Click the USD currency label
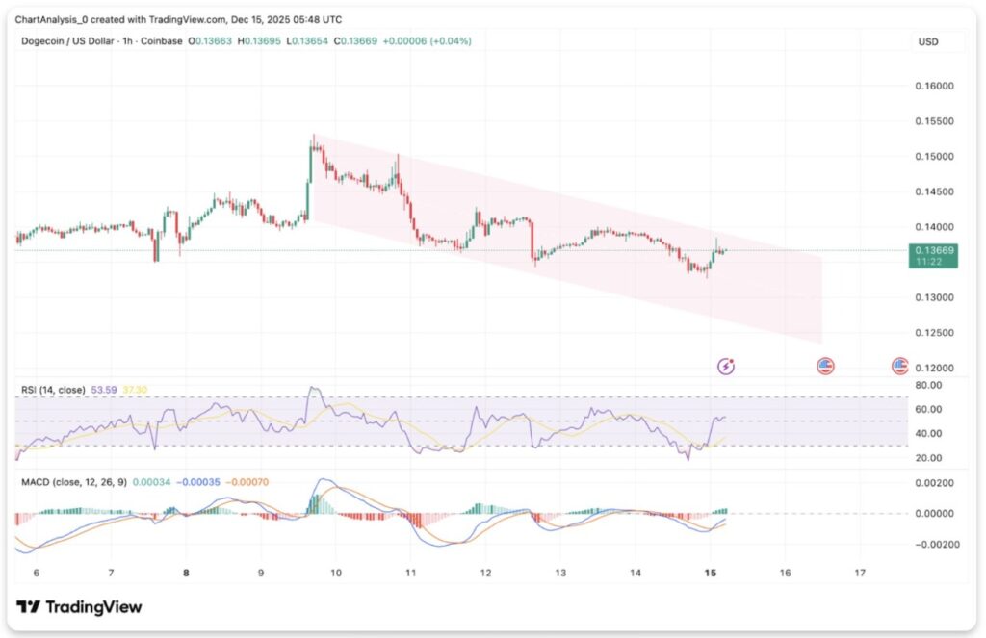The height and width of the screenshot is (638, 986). [928, 42]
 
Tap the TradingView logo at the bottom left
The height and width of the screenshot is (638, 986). [79, 607]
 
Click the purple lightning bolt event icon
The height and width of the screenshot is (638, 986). [727, 366]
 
